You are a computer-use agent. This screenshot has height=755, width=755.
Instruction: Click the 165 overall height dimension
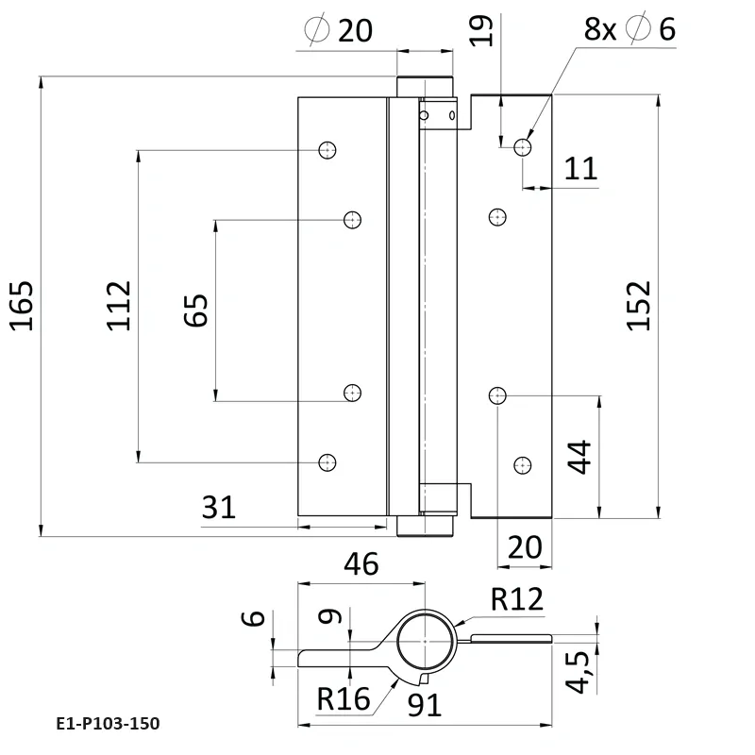(x=23, y=305)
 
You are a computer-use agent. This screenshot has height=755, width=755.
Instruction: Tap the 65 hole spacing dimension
(x=195, y=310)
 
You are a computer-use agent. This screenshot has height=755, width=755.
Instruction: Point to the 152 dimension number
(x=639, y=305)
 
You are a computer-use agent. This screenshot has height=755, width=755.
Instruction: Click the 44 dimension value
(x=579, y=458)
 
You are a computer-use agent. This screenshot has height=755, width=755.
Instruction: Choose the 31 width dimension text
(x=219, y=508)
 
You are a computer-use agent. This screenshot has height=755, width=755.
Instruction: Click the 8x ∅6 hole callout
(x=630, y=29)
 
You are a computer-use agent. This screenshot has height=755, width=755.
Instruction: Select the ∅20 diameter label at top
(x=340, y=31)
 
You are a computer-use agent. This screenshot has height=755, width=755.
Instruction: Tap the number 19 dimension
(x=482, y=31)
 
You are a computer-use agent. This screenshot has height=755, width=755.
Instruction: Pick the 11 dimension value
(x=581, y=169)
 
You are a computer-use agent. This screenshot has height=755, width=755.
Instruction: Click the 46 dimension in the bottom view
(x=361, y=564)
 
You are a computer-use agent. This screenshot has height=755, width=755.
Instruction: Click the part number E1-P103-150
(x=108, y=724)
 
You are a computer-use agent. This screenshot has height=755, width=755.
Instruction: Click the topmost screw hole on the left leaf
(x=327, y=149)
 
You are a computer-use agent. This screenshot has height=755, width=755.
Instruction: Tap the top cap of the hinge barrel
(x=424, y=85)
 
